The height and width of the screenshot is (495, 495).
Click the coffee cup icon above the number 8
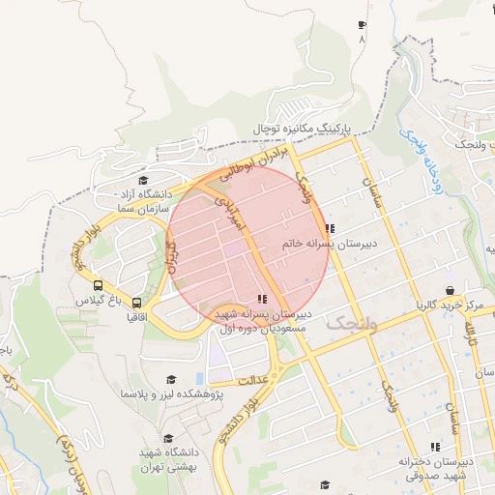[363, 25]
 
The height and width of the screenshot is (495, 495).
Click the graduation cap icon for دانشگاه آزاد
[143, 180]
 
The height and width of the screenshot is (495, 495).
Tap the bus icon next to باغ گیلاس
[98, 285]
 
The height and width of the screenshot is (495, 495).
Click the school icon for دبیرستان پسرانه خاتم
[330, 229]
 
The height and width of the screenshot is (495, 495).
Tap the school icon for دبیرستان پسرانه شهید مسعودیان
[261, 299]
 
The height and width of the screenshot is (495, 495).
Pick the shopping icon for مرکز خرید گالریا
[450, 290]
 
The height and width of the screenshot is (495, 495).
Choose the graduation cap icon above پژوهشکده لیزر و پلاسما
[172, 380]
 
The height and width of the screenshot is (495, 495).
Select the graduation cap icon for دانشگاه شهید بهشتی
[154, 436]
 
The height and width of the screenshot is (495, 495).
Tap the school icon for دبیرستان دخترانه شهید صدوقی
[435, 447]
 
